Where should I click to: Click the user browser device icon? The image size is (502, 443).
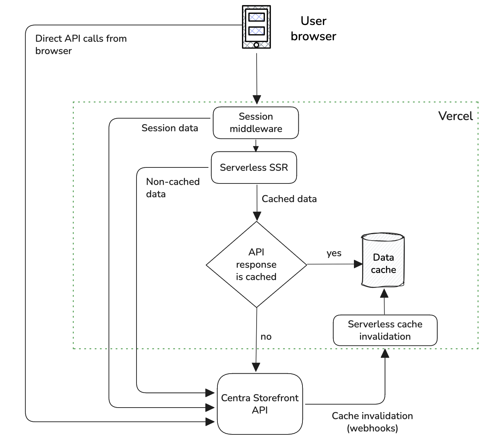[256, 27]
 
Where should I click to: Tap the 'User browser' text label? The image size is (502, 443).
[313, 29]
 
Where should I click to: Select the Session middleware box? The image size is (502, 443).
[256, 123]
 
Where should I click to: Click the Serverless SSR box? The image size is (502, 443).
[254, 167]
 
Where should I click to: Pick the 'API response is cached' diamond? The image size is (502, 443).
[256, 264]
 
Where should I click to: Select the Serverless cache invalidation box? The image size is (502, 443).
[385, 330]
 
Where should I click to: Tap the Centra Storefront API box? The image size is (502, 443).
[260, 404]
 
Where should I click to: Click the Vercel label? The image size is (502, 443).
[455, 116]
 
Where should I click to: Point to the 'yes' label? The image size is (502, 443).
[334, 253]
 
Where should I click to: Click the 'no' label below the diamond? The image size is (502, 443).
[266, 337]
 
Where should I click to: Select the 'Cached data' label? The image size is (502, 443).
[289, 199]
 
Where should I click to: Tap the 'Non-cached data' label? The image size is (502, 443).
[173, 188]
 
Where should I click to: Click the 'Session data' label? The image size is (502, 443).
[170, 128]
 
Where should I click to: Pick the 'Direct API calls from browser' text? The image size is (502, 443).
[81, 44]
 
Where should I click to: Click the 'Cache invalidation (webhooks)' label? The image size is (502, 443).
[372, 422]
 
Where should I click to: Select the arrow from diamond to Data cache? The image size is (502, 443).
[332, 264]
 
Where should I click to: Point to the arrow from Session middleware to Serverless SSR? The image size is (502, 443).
[256, 145]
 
